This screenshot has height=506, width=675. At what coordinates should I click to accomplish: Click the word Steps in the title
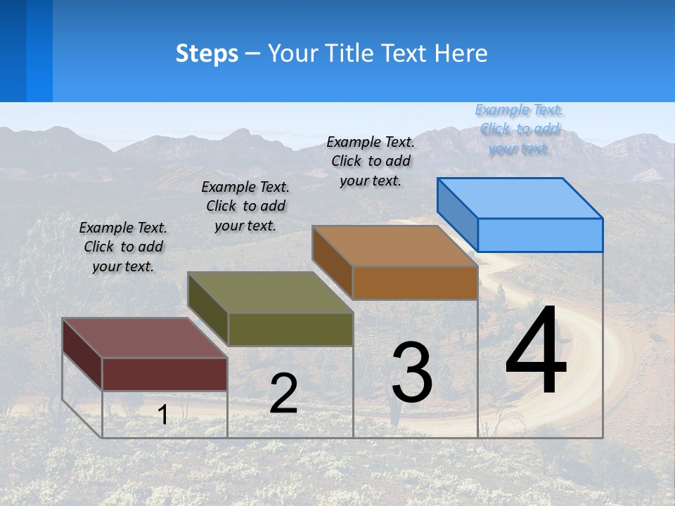pos(207,53)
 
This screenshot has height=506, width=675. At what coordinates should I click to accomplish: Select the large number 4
pos(536,351)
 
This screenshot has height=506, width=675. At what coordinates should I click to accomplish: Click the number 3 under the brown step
pos(412,372)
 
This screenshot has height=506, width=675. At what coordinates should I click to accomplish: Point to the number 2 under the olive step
pos(283,394)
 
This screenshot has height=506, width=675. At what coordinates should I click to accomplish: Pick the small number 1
pos(162,415)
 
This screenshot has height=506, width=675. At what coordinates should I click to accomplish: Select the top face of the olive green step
pos(270,292)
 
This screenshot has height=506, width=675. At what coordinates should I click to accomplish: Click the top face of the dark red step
pos(145,338)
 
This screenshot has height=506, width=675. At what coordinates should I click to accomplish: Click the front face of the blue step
pos(540,235)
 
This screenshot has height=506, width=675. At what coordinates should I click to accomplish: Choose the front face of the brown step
pos(415,283)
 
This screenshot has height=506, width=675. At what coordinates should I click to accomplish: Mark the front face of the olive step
pos(290,329)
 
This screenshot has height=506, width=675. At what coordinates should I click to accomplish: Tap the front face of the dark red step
pos(165,374)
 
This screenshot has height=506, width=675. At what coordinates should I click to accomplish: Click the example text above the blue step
pos(520,129)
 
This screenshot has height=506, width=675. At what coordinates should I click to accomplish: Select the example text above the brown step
pos(371,161)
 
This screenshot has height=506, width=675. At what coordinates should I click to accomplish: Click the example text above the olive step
pos(245,206)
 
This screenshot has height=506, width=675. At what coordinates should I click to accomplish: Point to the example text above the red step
pos(123,247)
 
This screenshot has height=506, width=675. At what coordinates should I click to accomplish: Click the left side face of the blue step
pos(457,214)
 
